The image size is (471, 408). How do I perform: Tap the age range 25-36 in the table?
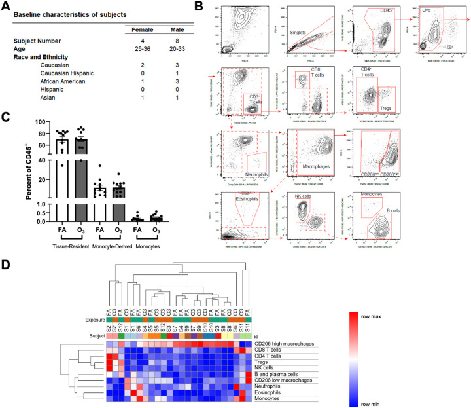point(137,48)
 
